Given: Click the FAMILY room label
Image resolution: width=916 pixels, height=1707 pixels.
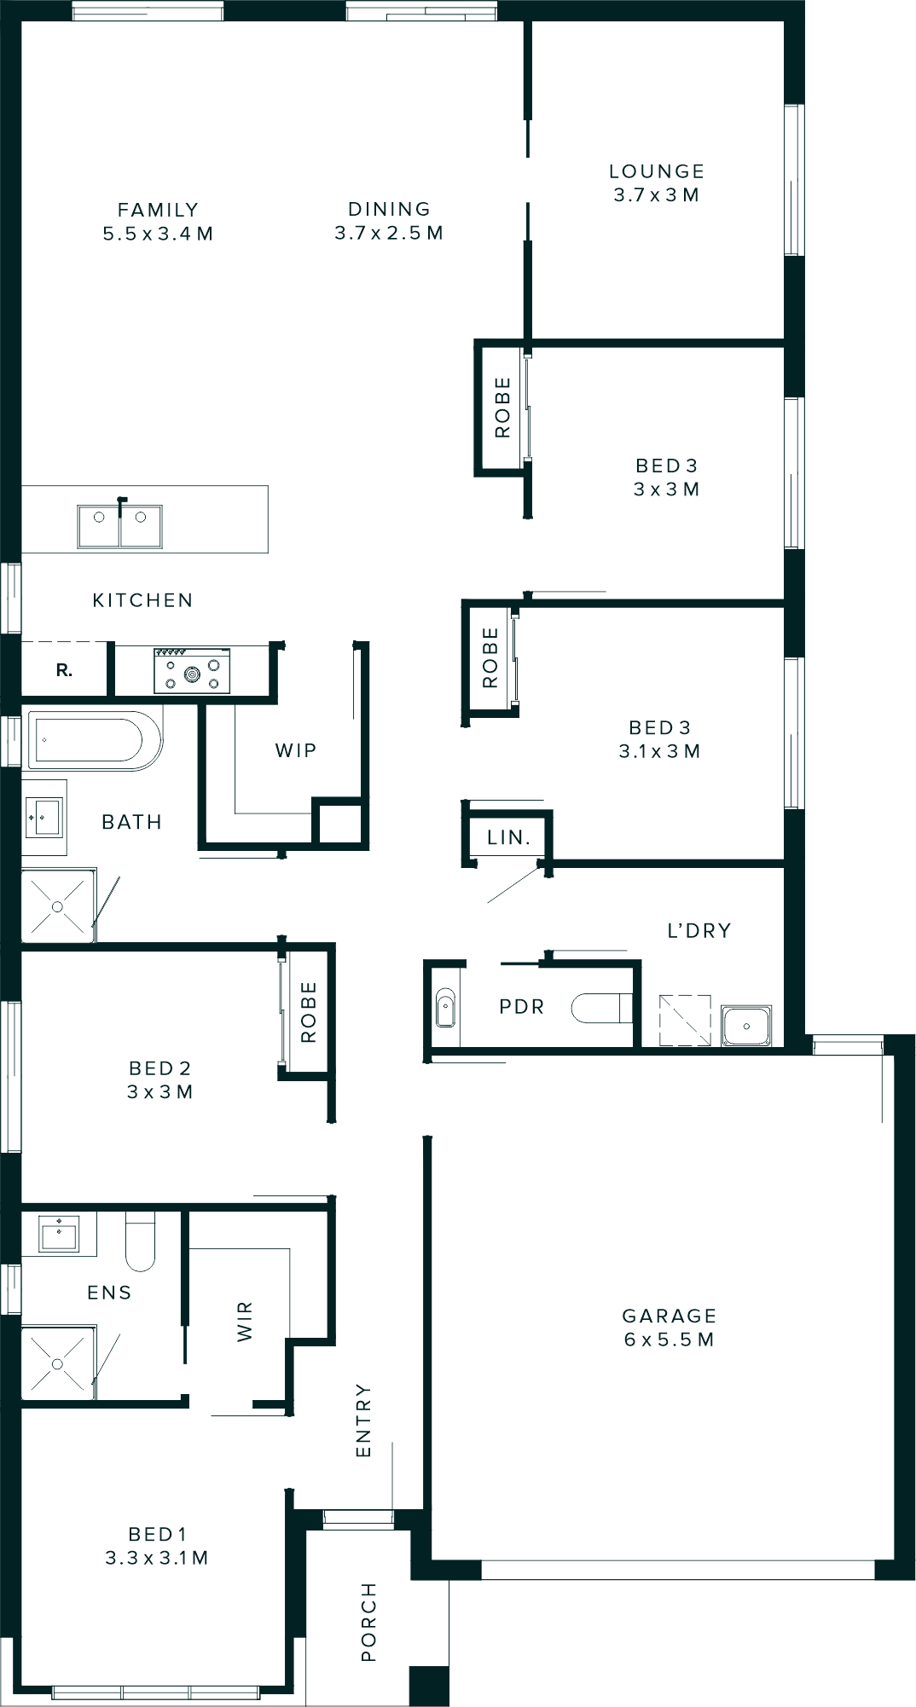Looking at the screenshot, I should pyautogui.click(x=158, y=210).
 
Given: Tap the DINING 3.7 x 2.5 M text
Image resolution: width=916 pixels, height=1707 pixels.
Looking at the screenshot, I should pyautogui.click(x=389, y=232).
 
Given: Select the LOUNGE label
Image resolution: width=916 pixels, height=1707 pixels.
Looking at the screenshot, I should pyautogui.click(x=656, y=171).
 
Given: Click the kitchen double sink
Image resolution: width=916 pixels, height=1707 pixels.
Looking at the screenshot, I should pyautogui.click(x=120, y=526).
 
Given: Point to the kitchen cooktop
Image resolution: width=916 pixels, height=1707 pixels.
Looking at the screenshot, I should pyautogui.click(x=192, y=670).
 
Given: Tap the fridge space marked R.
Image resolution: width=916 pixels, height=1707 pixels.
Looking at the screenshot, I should pyautogui.click(x=65, y=671).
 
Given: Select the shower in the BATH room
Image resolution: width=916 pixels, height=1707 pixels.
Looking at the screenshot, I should pyautogui.click(x=57, y=906).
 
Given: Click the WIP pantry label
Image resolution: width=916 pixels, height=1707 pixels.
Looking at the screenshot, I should pyautogui.click(x=296, y=750).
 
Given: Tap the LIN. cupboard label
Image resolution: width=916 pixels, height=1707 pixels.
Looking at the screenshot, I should pyautogui.click(x=509, y=837).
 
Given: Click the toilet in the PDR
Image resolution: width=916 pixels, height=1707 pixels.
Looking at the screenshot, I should pyautogui.click(x=600, y=1007).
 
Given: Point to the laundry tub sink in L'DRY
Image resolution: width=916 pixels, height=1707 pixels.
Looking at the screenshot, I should pyautogui.click(x=746, y=1025).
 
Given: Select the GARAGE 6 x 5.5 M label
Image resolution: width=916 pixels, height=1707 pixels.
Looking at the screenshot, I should pyautogui.click(x=669, y=1327).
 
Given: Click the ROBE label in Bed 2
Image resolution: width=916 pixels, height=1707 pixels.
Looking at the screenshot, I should pyautogui.click(x=308, y=1012).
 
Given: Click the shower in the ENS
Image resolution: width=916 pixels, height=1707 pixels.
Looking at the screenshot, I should pyautogui.click(x=57, y=1363).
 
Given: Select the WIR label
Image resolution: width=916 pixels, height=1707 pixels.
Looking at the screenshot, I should pyautogui.click(x=245, y=1322).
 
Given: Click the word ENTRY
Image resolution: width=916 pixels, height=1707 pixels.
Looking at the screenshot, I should pyautogui.click(x=363, y=1420).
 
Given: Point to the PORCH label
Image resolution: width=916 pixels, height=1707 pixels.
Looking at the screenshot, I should pyautogui.click(x=368, y=1622).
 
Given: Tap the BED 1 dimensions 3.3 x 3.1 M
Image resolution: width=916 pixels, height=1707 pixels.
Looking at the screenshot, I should pyautogui.click(x=157, y=1558).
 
